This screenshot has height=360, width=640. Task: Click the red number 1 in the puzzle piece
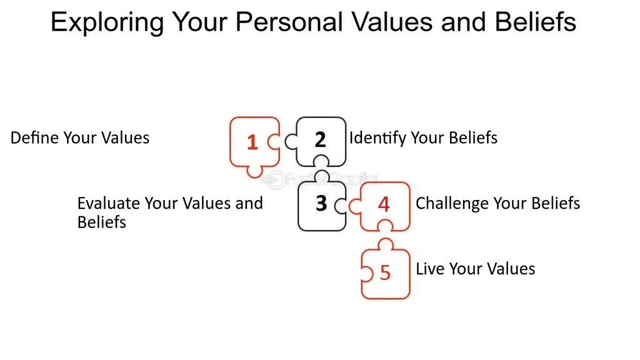(252, 142)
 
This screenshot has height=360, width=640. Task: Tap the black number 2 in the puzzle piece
(321, 139)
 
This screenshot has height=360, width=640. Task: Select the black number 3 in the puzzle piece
(322, 203)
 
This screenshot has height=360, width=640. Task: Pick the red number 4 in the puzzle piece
(384, 204)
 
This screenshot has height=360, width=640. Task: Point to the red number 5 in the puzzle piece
(385, 272)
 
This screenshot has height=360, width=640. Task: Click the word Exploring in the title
(107, 23)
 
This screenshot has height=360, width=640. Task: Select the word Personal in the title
(289, 22)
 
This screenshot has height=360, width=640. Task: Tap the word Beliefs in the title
(535, 22)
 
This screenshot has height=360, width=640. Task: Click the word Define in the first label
(34, 138)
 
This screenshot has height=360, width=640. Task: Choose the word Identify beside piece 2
(377, 139)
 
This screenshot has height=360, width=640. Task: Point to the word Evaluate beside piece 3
(108, 203)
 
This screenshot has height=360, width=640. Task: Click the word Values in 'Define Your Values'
(125, 138)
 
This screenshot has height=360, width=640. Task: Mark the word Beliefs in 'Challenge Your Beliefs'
(556, 203)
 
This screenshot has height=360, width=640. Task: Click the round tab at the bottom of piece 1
(255, 172)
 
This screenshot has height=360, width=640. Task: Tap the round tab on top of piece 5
(386, 244)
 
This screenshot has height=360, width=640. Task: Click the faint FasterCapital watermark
(321, 179)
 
